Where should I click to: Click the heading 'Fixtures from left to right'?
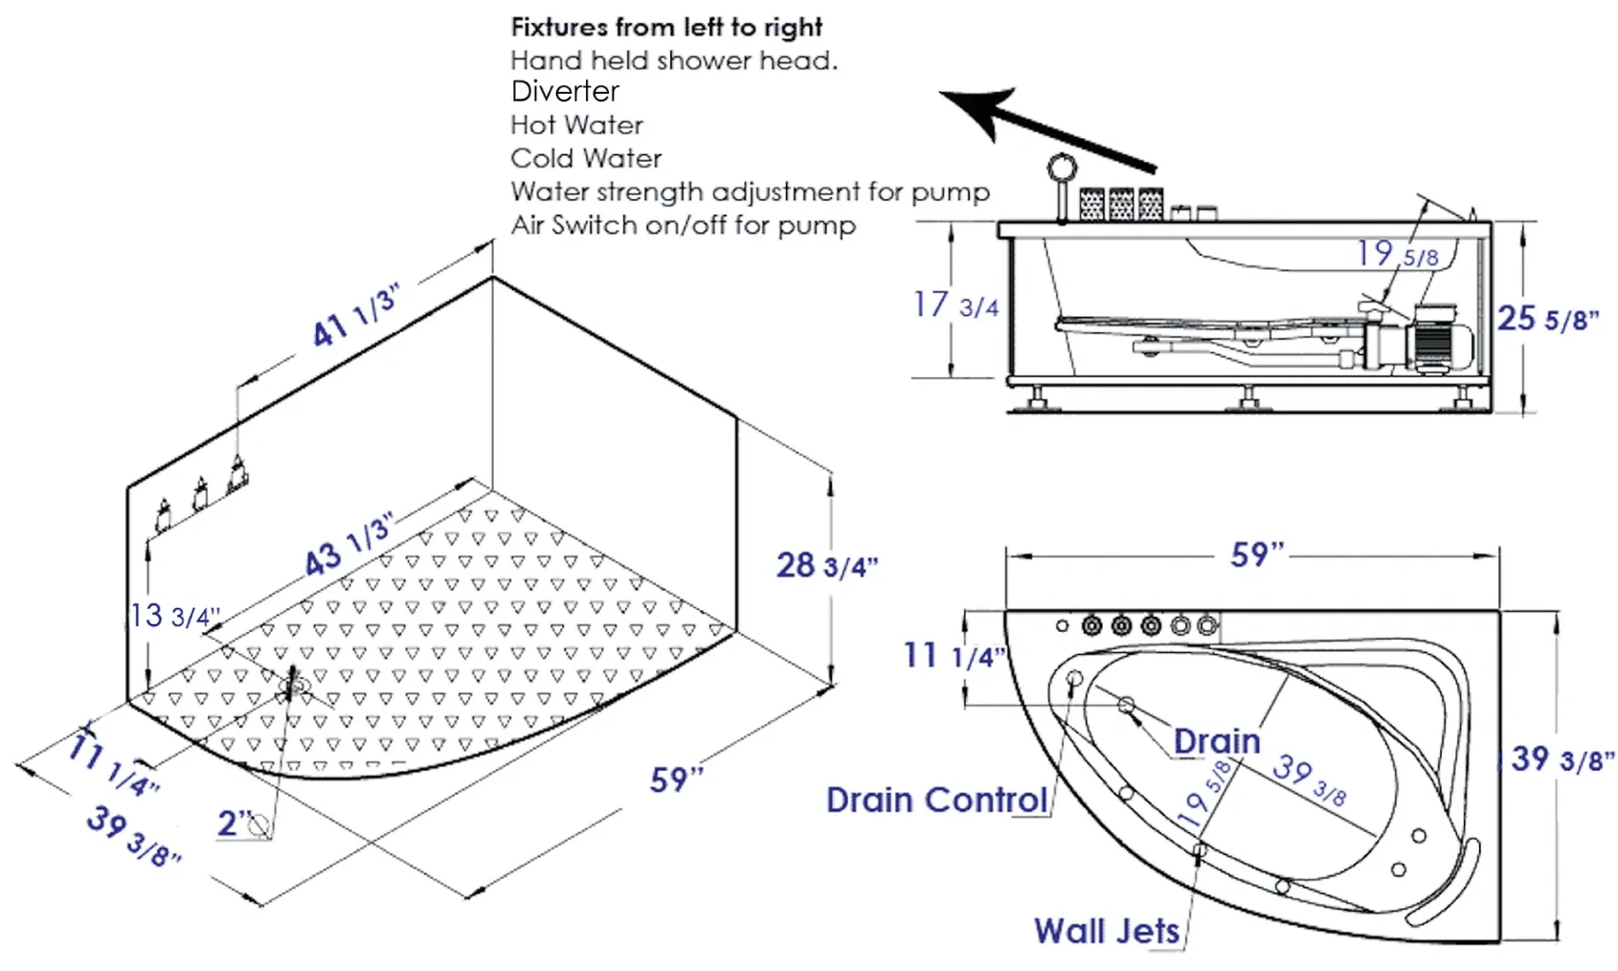[666, 28]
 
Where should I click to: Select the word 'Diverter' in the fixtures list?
[565, 92]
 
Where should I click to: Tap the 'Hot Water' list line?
[576, 125]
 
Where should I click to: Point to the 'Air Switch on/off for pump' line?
[683, 225]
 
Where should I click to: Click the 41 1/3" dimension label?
[355, 316]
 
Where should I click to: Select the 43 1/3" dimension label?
[348, 546]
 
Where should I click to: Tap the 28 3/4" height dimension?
[827, 565]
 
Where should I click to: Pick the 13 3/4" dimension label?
[173, 616]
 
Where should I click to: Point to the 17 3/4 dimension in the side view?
[955, 305]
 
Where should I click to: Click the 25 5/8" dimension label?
[1548, 319]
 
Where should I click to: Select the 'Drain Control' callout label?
[937, 800]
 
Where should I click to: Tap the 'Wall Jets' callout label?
[1107, 931]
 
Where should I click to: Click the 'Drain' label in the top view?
[1217, 741]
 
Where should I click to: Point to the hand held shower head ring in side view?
[1063, 169]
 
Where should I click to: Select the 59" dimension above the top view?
[1258, 554]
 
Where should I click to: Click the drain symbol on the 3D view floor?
[294, 684]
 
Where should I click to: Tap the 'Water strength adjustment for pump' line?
[750, 192]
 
